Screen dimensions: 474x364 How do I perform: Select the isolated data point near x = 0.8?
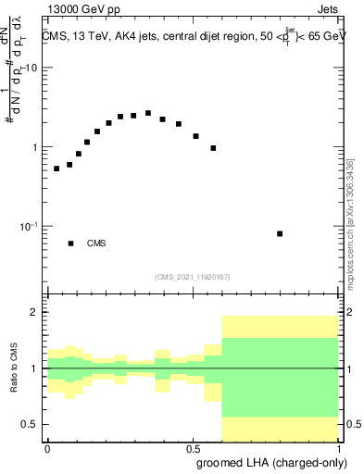click(x=280, y=233)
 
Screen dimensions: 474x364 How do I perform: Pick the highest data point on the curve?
click(x=148, y=113)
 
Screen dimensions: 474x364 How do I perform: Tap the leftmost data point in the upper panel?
click(x=56, y=168)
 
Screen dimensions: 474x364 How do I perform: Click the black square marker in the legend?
click(x=70, y=243)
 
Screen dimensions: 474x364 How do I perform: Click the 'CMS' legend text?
click(x=96, y=243)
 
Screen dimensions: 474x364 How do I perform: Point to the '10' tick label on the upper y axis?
click(x=33, y=69)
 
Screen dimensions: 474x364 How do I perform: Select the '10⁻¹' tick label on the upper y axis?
click(x=31, y=227)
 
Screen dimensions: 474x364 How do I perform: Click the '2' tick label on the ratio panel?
click(x=37, y=313)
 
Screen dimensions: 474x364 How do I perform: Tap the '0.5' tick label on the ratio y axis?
click(x=32, y=424)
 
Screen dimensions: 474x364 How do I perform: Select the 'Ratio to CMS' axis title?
click(x=15, y=368)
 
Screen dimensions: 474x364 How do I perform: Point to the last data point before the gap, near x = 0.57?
click(x=213, y=148)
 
